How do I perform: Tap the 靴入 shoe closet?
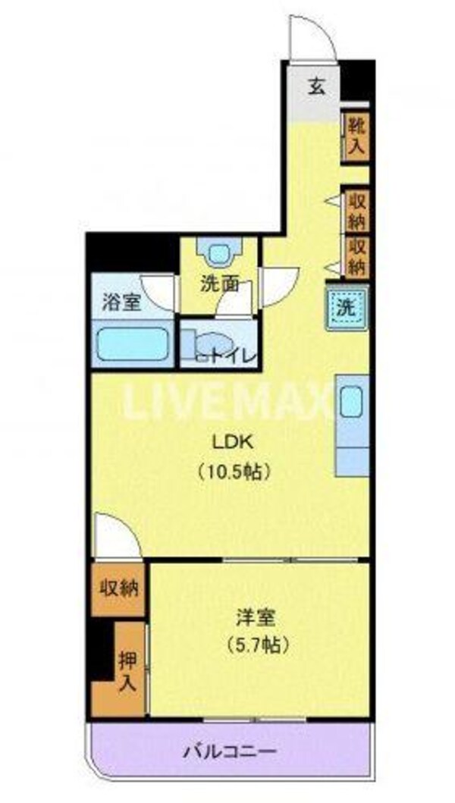(x=356, y=135)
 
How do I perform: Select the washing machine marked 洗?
(x=345, y=309)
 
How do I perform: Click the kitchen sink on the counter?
(x=350, y=402)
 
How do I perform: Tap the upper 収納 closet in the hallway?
(x=356, y=212)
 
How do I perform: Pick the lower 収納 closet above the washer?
(x=356, y=256)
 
